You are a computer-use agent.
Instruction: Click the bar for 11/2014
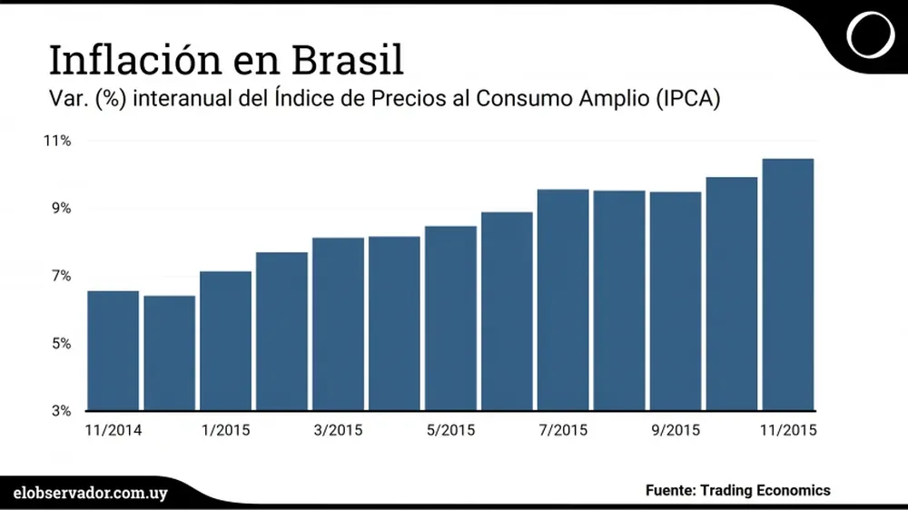click(x=113, y=350)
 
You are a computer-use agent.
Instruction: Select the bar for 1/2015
click(x=225, y=340)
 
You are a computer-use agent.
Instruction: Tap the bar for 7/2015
click(x=563, y=299)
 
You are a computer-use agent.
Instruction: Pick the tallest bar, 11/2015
click(x=788, y=284)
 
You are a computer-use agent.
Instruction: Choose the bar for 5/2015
click(x=450, y=318)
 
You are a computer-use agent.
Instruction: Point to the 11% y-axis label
click(x=55, y=141)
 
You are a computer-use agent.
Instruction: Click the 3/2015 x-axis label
click(x=338, y=429)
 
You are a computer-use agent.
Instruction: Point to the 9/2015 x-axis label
click(x=676, y=429)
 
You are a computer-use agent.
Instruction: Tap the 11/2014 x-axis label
click(x=113, y=429)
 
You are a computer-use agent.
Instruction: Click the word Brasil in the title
click(x=349, y=60)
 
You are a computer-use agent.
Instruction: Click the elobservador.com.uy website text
click(x=91, y=491)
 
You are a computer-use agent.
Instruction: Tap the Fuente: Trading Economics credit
click(x=737, y=490)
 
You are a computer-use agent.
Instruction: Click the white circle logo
click(x=869, y=35)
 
